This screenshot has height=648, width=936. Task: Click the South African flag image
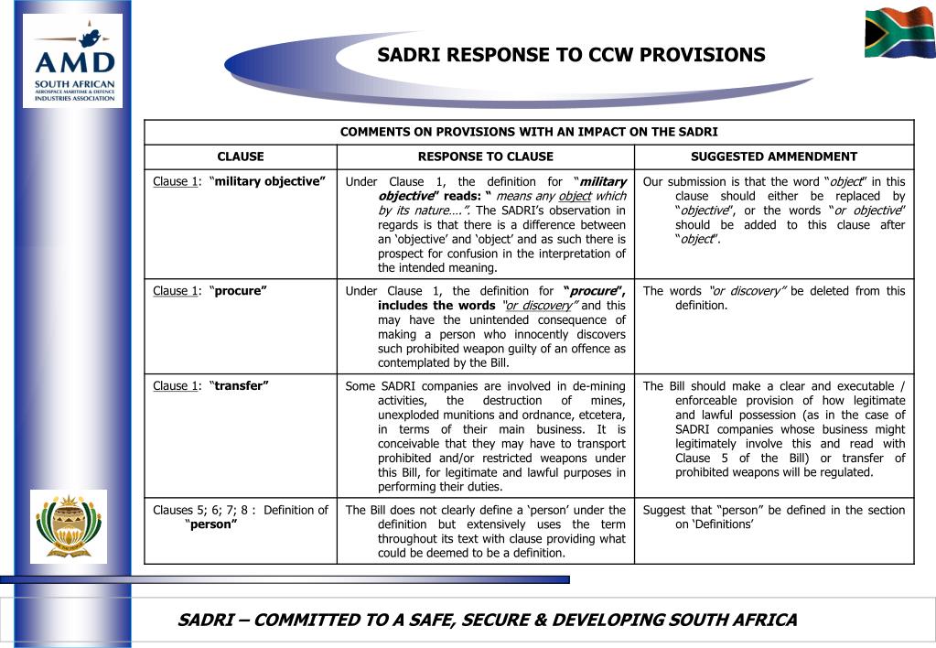(x=899, y=32)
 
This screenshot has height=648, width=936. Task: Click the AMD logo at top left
(x=73, y=61)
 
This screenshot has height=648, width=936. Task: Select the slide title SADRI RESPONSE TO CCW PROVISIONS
(x=571, y=55)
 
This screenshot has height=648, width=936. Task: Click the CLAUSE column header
(x=241, y=157)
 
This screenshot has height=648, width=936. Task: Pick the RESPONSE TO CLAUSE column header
(x=485, y=157)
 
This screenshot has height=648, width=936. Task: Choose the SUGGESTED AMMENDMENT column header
(x=773, y=157)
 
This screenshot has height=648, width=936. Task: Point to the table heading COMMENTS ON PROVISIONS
(x=529, y=132)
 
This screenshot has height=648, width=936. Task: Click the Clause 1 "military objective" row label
(x=240, y=181)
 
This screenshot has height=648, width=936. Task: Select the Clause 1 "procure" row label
(x=210, y=291)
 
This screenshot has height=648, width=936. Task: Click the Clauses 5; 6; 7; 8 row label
(x=240, y=517)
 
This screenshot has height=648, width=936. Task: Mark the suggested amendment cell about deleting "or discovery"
(x=773, y=298)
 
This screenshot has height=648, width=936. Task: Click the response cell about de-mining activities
(x=485, y=437)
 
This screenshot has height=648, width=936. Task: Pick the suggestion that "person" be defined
(x=773, y=517)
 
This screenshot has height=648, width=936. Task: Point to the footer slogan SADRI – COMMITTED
(x=487, y=620)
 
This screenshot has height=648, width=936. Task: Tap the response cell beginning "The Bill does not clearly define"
(x=485, y=531)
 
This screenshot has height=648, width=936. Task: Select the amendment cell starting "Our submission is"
(x=773, y=211)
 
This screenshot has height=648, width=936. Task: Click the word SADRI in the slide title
(x=408, y=55)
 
